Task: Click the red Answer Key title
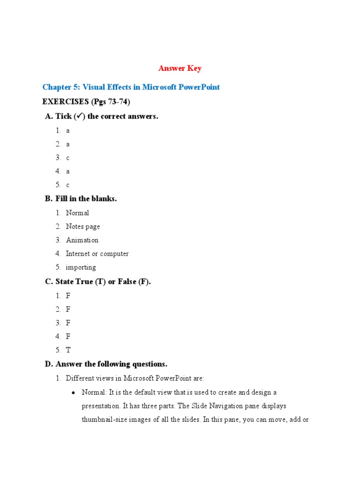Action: (x=180, y=68)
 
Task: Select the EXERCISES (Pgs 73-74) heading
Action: (x=86, y=102)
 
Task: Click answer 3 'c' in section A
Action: (x=67, y=158)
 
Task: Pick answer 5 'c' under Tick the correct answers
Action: (x=67, y=185)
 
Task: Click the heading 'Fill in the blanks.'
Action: (x=86, y=199)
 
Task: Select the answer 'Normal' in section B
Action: (x=77, y=213)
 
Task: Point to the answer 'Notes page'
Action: (x=83, y=226)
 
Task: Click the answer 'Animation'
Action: (x=82, y=240)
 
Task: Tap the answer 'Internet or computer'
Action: (x=97, y=254)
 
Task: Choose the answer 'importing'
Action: (x=81, y=267)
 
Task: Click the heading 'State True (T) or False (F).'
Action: (x=103, y=282)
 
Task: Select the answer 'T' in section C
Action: (x=68, y=350)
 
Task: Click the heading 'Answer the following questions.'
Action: (x=111, y=364)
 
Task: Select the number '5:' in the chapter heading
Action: (x=75, y=87)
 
